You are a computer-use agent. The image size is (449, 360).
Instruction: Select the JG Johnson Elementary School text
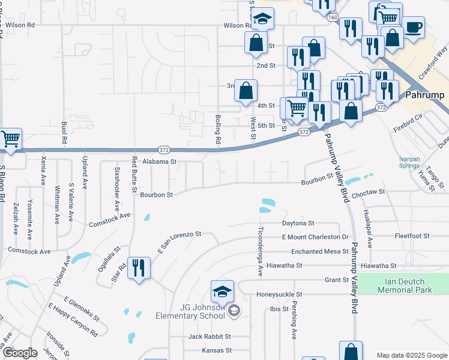[198, 311]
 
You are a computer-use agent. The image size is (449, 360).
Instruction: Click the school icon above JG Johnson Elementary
[222, 292]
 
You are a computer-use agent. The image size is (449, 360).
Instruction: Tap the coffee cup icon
[413, 27]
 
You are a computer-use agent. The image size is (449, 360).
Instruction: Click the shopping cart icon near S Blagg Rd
[10, 139]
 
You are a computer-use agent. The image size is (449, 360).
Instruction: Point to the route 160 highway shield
[332, 18]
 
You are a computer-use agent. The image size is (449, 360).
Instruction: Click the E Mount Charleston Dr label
[315, 237]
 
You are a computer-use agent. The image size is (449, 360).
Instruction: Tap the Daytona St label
[298, 223]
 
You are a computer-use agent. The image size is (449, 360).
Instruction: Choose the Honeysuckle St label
[279, 295]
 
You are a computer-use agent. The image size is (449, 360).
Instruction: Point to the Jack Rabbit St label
[209, 337]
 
